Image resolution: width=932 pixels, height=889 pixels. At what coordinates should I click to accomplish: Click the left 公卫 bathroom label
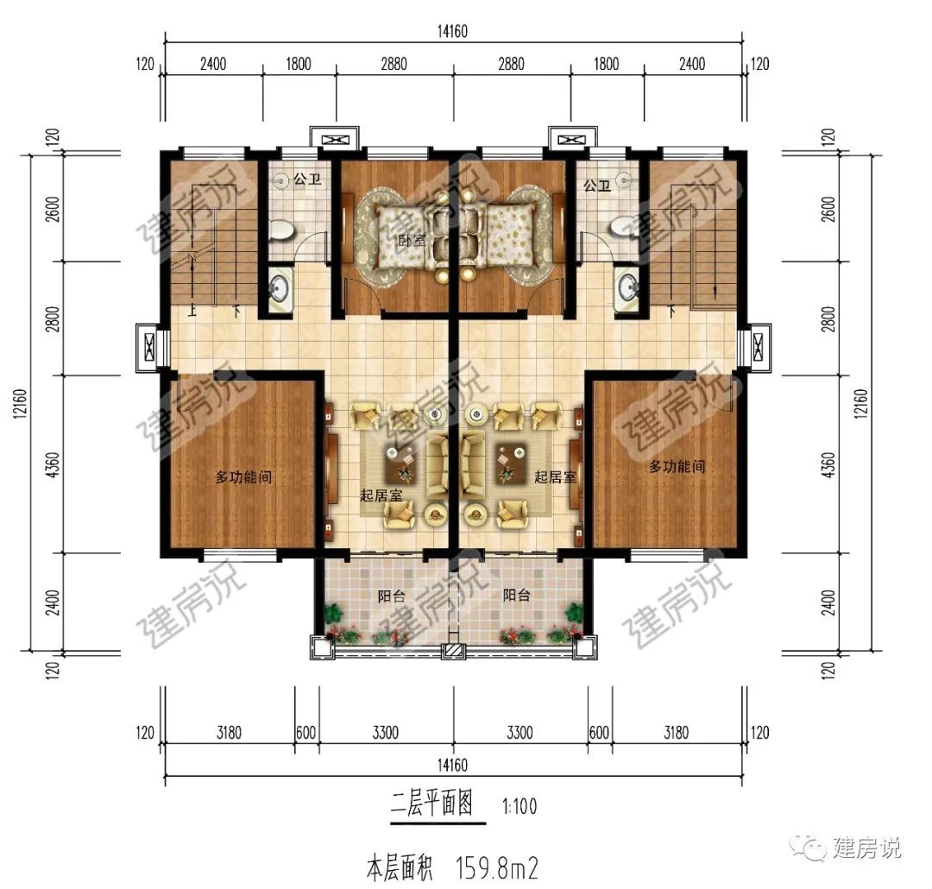coord(307,179)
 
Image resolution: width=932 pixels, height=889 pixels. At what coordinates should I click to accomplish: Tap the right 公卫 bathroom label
coord(597,186)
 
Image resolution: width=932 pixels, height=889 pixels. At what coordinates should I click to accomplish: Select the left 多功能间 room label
coord(243,476)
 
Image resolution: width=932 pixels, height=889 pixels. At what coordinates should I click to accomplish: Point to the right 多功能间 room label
coord(677,466)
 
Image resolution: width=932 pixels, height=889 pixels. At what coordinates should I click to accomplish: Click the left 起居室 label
coord(381,495)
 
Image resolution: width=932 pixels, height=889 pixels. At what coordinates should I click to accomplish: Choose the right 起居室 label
coord(555,476)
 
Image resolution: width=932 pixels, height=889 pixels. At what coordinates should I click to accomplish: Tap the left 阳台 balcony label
coord(392,596)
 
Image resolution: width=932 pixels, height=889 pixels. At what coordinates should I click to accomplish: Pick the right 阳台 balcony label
coord(517,595)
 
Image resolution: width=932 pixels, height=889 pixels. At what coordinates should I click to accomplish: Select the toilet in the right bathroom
coord(624,226)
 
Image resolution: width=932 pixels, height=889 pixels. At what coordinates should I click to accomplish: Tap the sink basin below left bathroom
coord(280,289)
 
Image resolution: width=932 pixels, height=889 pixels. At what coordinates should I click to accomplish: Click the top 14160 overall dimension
coord(452,31)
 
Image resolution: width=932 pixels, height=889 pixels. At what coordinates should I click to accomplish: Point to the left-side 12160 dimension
coord(20,403)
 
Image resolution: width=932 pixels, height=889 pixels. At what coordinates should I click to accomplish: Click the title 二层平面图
coord(432,804)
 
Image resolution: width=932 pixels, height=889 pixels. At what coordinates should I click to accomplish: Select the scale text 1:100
coord(519,807)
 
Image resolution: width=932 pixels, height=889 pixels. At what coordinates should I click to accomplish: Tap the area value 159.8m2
coord(496,868)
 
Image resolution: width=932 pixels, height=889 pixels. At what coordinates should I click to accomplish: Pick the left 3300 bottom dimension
coord(385,732)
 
